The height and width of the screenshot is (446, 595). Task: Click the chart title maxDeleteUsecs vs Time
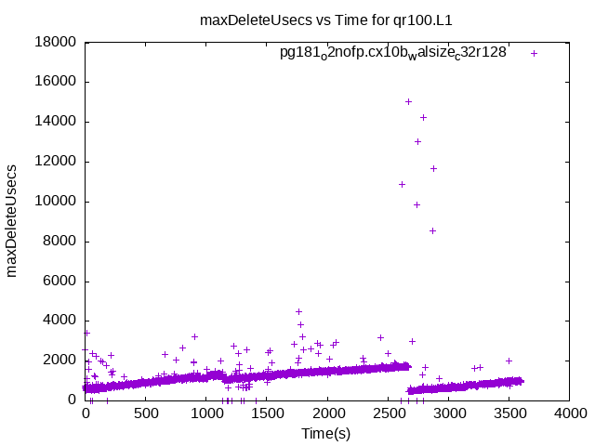333,19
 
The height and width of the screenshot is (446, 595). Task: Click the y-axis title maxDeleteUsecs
13,221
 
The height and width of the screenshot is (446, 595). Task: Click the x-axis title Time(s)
325,434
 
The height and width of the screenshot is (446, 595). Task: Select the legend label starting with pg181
393,53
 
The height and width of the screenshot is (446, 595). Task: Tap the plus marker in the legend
535,53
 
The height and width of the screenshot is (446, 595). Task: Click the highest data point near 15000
408,101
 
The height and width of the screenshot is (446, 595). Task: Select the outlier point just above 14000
423,117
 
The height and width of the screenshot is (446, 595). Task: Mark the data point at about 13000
417,141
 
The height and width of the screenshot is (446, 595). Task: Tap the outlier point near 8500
432,230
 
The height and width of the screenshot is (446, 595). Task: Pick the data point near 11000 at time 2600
402,184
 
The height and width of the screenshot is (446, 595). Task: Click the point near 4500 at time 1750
298,311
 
